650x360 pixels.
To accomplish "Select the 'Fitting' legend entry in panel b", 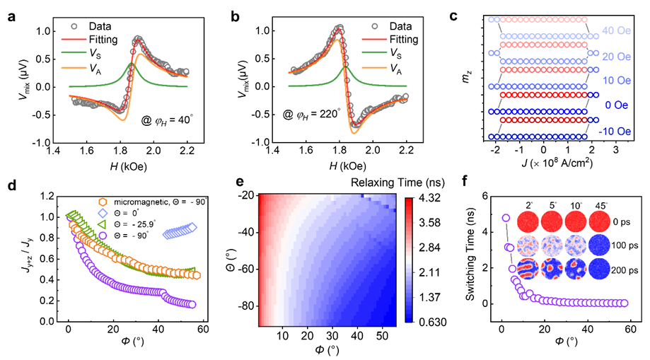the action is [404, 40].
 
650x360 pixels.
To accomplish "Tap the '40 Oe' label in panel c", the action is [617, 30].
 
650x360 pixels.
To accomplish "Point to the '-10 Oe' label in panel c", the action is [615, 132].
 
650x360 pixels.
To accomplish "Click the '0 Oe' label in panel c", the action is [617, 105].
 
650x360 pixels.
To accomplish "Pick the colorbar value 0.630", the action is [432, 323].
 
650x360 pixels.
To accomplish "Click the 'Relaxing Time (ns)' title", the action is [397, 182].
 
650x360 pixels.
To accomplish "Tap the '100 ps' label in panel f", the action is [625, 245].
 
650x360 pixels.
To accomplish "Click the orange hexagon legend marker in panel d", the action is [102, 202].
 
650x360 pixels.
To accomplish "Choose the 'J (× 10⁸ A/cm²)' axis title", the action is [557, 163].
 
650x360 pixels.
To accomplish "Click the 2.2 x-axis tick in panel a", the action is [187, 150].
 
